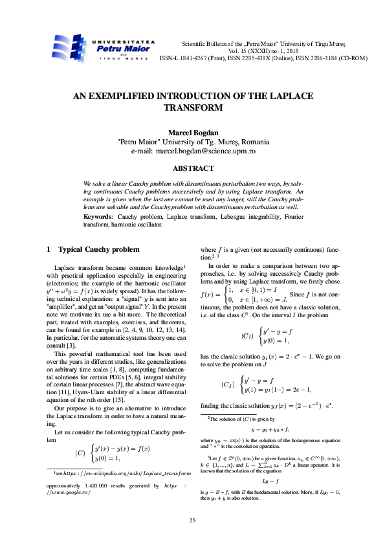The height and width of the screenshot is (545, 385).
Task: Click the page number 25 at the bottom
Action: (x=192, y=520)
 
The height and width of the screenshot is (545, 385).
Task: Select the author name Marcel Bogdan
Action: (x=192, y=133)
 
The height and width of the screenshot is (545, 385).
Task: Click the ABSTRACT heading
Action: (x=192, y=169)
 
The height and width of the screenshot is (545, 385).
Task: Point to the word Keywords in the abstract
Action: (x=98, y=216)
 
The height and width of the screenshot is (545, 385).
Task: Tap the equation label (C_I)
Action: (x=247, y=337)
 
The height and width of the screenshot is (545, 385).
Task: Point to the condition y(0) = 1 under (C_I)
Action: (x=276, y=341)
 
